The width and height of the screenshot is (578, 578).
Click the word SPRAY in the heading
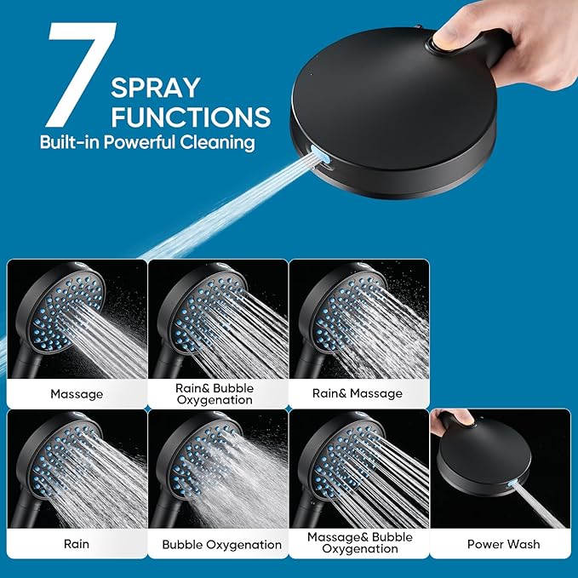point(156,88)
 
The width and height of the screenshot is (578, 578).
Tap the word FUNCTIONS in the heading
point(191,117)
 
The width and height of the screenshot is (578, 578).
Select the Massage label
point(77,394)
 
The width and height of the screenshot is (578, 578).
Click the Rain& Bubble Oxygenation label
point(215,393)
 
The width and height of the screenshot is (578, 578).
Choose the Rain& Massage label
point(358,393)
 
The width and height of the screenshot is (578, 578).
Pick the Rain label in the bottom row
point(77,544)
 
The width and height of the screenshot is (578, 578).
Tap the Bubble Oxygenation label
point(222,545)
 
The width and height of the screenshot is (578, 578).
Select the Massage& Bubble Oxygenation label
point(360,542)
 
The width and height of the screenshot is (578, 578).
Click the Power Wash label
point(504,544)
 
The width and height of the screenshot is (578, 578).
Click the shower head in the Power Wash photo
point(484,459)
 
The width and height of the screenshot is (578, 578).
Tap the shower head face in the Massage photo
point(66,313)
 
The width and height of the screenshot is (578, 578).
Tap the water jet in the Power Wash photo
point(539,506)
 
